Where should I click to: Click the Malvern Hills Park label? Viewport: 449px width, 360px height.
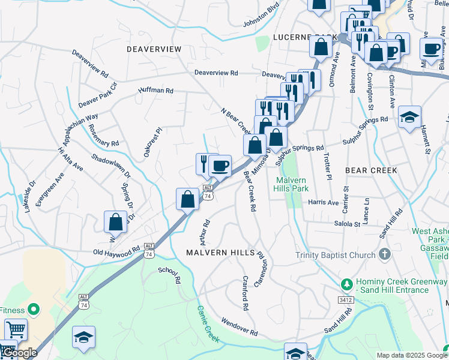pos(292,184)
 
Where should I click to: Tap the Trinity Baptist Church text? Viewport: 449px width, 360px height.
pos(335,254)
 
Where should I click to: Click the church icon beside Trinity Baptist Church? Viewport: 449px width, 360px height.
pos(384,254)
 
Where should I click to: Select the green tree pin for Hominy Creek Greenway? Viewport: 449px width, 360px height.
pos(346,283)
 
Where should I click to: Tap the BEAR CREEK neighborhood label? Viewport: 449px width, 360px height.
pos(371,170)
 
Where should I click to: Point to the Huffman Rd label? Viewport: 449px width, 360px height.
pos(155,91)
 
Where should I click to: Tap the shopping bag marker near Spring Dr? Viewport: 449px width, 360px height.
pos(115,221)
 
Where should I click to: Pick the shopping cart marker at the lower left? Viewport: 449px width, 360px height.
pos(16,329)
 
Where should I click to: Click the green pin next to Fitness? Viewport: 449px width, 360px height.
pos(34,310)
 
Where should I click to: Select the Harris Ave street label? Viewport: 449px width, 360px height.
pos(323,203)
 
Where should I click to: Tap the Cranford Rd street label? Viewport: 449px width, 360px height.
pos(246,293)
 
